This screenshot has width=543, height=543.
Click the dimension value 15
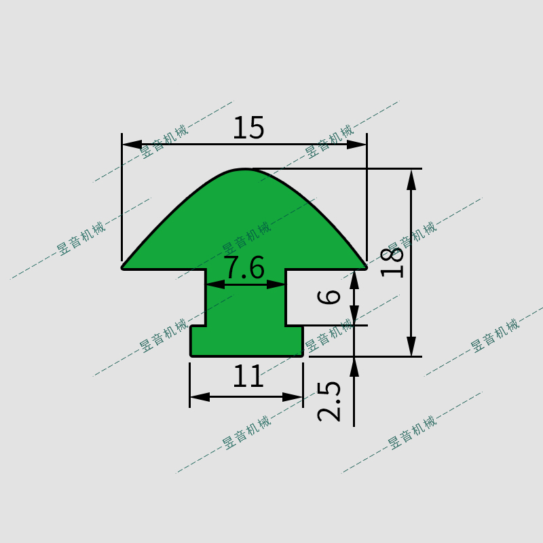tap(248, 128)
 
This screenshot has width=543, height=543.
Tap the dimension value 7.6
tap(245, 267)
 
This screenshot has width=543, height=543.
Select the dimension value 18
tap(392, 263)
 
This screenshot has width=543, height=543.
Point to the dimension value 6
tap(329, 297)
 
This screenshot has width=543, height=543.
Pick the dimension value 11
tap(248, 377)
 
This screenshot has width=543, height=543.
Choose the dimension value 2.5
tap(329, 402)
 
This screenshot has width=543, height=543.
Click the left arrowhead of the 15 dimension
tap(132, 144)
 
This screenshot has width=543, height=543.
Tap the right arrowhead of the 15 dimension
tap(357, 145)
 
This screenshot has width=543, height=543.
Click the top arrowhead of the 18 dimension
tap(411, 180)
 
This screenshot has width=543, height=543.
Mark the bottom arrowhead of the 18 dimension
tap(411, 346)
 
